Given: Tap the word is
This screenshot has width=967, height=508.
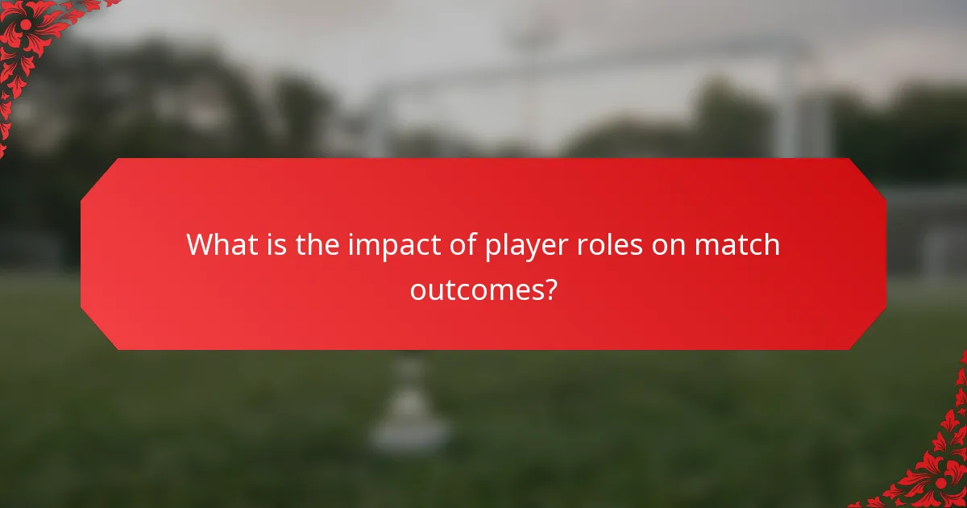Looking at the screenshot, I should (275, 244).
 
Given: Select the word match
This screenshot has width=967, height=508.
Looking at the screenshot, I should (739, 244).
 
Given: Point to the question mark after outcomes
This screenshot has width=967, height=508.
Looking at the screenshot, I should (549, 288).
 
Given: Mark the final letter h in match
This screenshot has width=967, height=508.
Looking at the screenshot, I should (771, 244).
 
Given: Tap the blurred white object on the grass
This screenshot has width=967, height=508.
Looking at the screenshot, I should (409, 403).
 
